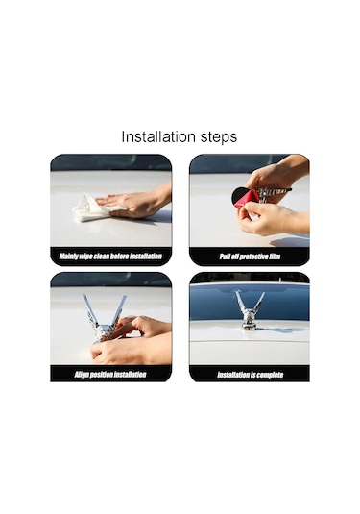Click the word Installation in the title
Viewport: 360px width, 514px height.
(158, 136)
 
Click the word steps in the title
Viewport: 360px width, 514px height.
(219, 137)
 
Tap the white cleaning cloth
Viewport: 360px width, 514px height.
(91, 208)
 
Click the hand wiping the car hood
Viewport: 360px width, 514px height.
(136, 204)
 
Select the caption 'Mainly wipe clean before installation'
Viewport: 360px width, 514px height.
(110, 256)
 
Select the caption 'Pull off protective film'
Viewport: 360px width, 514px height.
(250, 257)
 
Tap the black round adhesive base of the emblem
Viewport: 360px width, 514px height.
(238, 196)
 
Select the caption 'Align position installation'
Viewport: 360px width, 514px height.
(110, 374)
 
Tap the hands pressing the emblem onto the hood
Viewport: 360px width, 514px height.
(131, 341)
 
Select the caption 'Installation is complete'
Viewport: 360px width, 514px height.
(250, 375)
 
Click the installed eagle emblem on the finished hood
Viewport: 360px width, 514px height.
(250, 310)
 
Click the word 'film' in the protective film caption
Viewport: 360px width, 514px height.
(275, 257)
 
